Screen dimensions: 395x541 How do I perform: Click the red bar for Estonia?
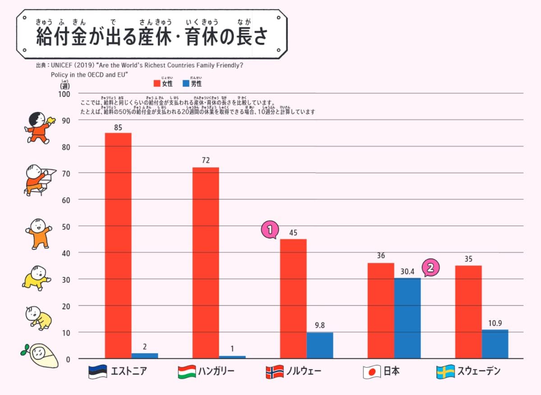[x=118, y=246]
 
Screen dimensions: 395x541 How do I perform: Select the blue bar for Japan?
[x=408, y=318]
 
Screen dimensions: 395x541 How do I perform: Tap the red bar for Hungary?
[x=206, y=263]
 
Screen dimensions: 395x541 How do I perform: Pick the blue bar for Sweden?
[x=495, y=344]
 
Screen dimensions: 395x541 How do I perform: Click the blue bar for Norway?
[x=320, y=345]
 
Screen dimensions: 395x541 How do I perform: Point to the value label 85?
[x=118, y=128]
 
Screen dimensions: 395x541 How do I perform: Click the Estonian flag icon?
[x=97, y=372]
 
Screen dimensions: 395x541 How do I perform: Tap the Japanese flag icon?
[x=370, y=372]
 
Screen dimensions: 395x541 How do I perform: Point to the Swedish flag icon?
[x=445, y=372]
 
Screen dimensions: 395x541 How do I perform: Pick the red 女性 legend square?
[x=157, y=83]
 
